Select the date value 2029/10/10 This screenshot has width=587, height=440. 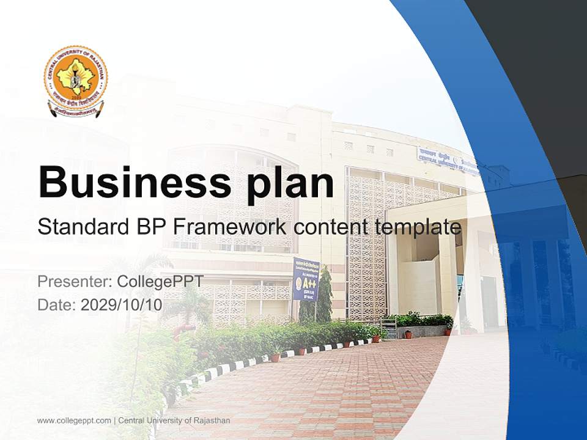(121, 305)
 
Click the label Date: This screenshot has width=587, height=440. (57, 305)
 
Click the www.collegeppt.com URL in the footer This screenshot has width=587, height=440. (74, 420)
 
